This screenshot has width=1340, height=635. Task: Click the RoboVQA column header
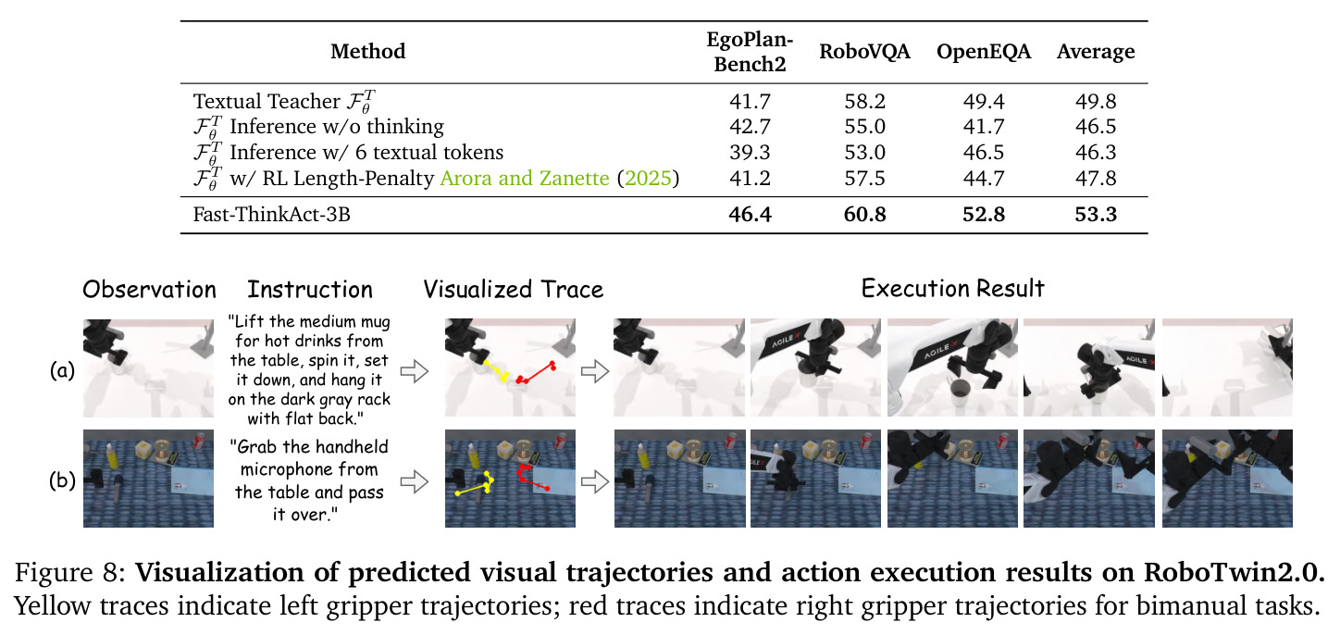point(864,52)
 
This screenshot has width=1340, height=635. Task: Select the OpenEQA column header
point(984,52)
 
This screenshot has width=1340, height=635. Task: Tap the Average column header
point(1096,52)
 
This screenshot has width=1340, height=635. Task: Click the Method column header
point(368,52)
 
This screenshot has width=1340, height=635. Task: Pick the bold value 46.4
point(750,214)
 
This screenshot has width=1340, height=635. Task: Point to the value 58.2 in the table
point(864,101)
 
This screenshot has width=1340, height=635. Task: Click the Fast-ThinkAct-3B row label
point(271,214)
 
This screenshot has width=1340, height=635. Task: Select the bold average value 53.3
point(1096,214)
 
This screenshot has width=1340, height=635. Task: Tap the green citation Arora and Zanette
point(525,179)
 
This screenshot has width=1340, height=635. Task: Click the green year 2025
point(648,179)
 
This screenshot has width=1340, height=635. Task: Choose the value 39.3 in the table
point(750,153)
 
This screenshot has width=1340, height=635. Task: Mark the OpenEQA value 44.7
point(984,179)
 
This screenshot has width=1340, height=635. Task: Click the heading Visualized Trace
point(514,290)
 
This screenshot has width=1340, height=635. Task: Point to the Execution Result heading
point(952,289)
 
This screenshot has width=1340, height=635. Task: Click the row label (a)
point(62,370)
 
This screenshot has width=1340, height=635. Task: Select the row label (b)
point(62,480)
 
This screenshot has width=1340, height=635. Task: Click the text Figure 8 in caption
point(70,573)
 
